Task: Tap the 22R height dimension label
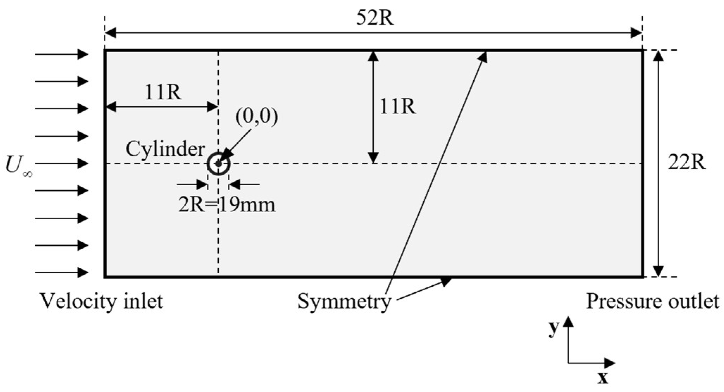(687, 163)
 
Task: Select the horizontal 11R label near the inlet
(163, 93)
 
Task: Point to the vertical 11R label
(398, 106)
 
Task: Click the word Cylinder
(165, 149)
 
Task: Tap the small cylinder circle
(219, 164)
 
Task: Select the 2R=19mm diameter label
(227, 205)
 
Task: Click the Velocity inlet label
(101, 301)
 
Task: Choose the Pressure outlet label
(652, 301)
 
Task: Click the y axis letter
(554, 328)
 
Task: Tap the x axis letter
(603, 378)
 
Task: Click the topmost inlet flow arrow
(62, 54)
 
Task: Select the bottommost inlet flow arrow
(62, 272)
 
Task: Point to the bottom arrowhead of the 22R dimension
(658, 271)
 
